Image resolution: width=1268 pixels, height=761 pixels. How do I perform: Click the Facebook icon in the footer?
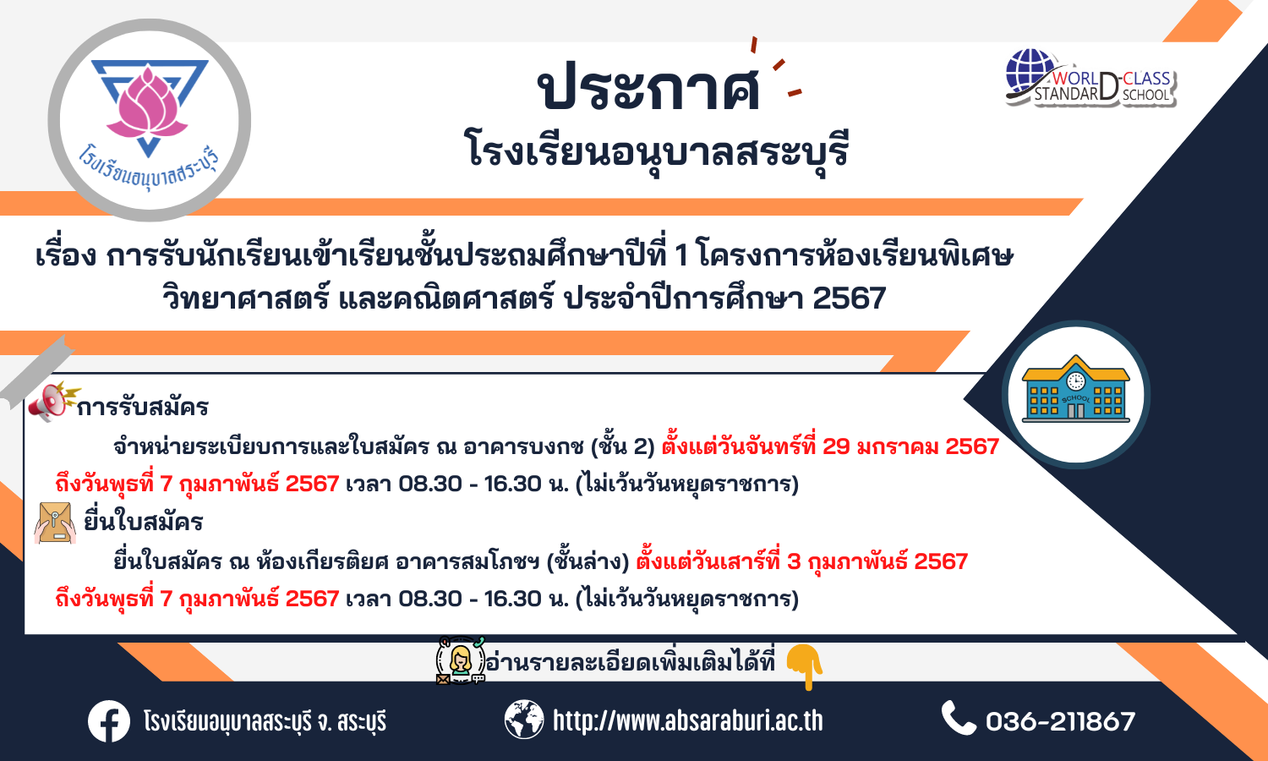pyautogui.click(x=109, y=721)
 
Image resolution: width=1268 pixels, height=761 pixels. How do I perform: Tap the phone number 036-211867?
pyautogui.click(x=1060, y=721)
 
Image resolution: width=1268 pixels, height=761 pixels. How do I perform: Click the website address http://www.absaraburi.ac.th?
pyautogui.click(x=688, y=720)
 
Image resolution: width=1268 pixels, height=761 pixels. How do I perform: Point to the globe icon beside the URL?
pyautogui.click(x=523, y=720)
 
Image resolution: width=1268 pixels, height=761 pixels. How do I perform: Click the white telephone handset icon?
pyautogui.click(x=959, y=717)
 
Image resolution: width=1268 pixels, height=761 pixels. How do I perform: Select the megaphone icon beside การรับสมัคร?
pyautogui.click(x=54, y=401)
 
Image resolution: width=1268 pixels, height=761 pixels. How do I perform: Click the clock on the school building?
pyautogui.click(x=1075, y=381)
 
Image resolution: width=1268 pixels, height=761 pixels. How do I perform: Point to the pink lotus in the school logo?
pyautogui.click(x=147, y=106)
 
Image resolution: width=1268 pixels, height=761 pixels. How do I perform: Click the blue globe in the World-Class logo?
pyautogui.click(x=1030, y=74)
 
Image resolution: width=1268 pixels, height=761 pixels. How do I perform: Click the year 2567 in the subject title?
pyautogui.click(x=849, y=298)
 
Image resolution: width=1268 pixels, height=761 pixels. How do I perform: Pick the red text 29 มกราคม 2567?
pyautogui.click(x=910, y=446)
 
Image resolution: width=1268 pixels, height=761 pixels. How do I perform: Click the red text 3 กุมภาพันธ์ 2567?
pyautogui.click(x=877, y=561)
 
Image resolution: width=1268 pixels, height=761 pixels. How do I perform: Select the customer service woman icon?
pyautogui.click(x=460, y=660)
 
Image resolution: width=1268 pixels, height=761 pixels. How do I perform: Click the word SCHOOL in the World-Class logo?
pyautogui.click(x=1145, y=95)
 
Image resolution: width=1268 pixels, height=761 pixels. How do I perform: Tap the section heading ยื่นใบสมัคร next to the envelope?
pyautogui.click(x=143, y=522)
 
